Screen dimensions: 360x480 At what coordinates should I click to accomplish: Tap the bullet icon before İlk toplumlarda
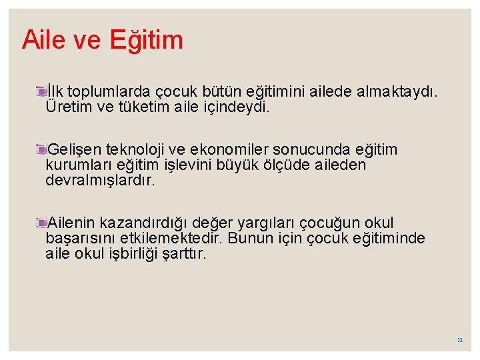[42, 91]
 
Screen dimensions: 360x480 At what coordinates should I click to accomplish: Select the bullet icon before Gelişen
[42, 149]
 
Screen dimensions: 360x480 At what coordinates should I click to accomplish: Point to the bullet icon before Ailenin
[42, 223]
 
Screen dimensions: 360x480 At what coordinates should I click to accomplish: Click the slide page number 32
[460, 340]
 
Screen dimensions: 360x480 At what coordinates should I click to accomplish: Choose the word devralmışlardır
[100, 180]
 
